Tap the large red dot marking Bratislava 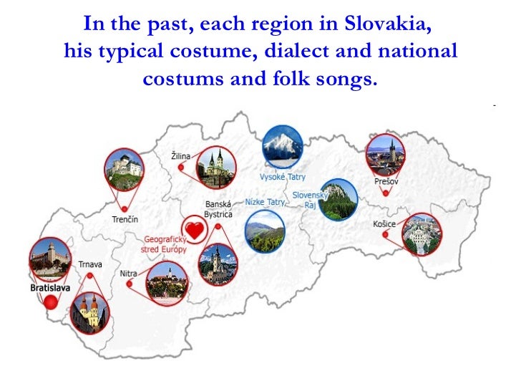[x=50, y=302]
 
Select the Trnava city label [x=90, y=264]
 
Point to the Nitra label [x=129, y=273]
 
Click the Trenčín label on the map [x=125, y=219]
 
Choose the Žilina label [x=181, y=155]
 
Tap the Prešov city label [x=386, y=182]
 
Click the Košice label [x=384, y=224]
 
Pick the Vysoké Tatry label [x=282, y=176]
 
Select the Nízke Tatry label [x=265, y=202]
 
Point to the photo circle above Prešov [x=385, y=154]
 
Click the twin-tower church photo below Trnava [x=90, y=312]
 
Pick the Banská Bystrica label [x=218, y=209]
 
